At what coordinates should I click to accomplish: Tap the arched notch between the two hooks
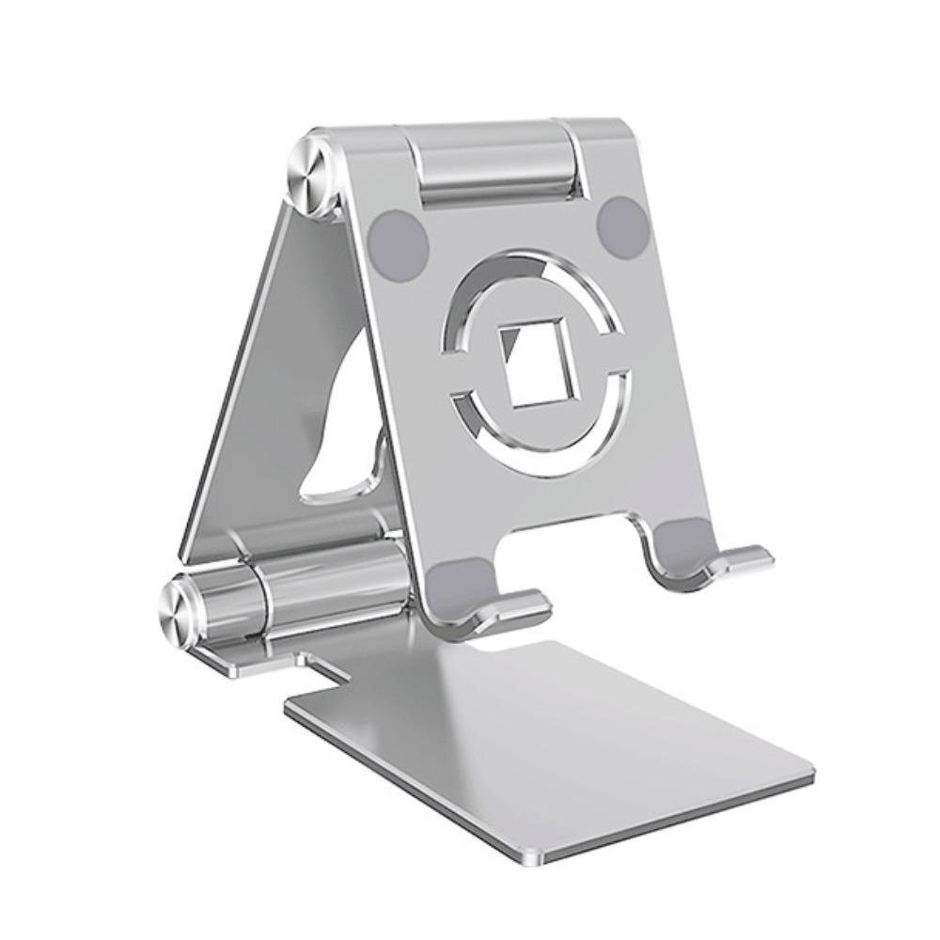(x=573, y=531)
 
